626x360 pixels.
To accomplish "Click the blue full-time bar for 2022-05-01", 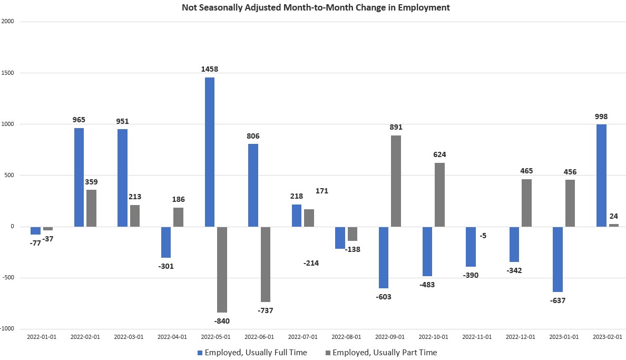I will coord(210,152).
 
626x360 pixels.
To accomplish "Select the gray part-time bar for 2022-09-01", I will coord(396,181).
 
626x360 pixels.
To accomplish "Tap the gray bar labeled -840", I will coord(222,269).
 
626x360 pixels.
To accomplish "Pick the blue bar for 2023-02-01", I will coord(601,176).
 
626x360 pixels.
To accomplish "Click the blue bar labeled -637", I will coord(557,259).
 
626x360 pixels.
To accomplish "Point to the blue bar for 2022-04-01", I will coord(166,242).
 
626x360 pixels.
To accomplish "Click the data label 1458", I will coord(209,69).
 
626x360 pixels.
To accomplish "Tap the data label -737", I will coord(266,310).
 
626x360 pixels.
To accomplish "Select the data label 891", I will coord(396,127).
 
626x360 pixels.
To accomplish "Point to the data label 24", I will coord(614,216).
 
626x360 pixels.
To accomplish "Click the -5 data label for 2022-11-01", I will coord(483,236).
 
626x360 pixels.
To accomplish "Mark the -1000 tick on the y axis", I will coord(7,328).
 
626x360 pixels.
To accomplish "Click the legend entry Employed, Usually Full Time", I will coord(256,352).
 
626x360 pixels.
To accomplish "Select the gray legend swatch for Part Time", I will coord(327,352).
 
